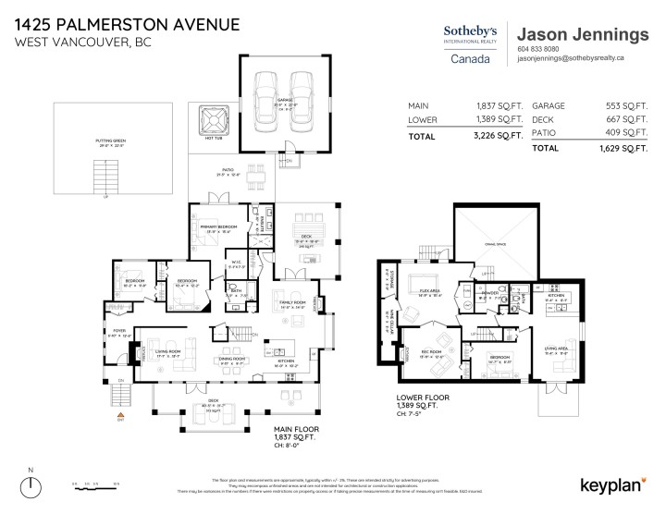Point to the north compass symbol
tap(31, 483)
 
